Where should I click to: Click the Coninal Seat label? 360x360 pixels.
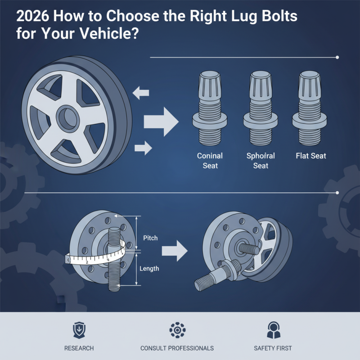210,161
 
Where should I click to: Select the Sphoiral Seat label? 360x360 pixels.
261,161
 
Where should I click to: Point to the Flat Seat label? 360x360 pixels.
311,156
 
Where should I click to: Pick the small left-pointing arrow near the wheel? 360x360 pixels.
141,93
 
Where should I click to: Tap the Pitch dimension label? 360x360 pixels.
150,238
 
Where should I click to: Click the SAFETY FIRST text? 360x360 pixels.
273,348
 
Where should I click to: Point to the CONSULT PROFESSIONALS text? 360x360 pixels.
177,348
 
